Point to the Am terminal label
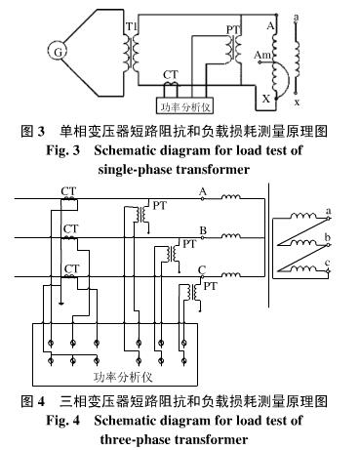tap(262, 56)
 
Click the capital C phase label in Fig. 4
tap(201, 269)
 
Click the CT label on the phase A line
tap(69, 191)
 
